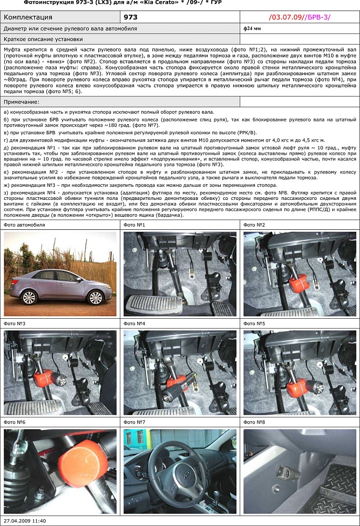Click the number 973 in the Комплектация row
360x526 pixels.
130,17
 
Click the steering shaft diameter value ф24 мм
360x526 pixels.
252,28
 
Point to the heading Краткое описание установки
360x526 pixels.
43,39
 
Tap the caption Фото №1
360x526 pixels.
134,225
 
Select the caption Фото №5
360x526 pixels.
254,323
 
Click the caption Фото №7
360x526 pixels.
134,422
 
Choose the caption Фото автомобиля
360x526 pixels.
24,225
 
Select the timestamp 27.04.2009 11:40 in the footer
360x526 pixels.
25,521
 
